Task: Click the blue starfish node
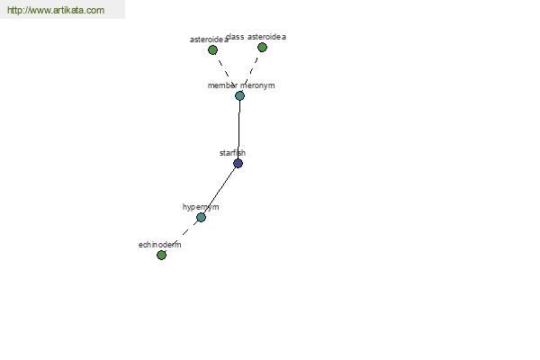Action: click(x=238, y=163)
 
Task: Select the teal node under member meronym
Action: click(x=239, y=95)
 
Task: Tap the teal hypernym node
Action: click(x=201, y=218)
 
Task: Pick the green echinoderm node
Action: click(x=161, y=255)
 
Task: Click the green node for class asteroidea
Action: click(x=263, y=47)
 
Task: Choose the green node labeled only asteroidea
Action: click(x=212, y=50)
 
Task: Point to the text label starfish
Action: click(x=232, y=153)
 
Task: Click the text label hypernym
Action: click(x=201, y=207)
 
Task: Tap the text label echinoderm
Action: click(x=160, y=245)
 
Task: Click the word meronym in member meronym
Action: click(x=257, y=85)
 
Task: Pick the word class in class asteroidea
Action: click(x=235, y=37)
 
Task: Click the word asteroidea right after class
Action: click(x=266, y=37)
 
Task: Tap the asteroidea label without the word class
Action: click(x=209, y=40)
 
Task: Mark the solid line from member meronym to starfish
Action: click(x=239, y=130)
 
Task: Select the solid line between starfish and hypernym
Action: click(x=220, y=190)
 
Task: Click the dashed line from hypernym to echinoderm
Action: click(x=180, y=237)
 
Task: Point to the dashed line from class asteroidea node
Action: click(x=250, y=72)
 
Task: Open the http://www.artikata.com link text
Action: click(x=56, y=10)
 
